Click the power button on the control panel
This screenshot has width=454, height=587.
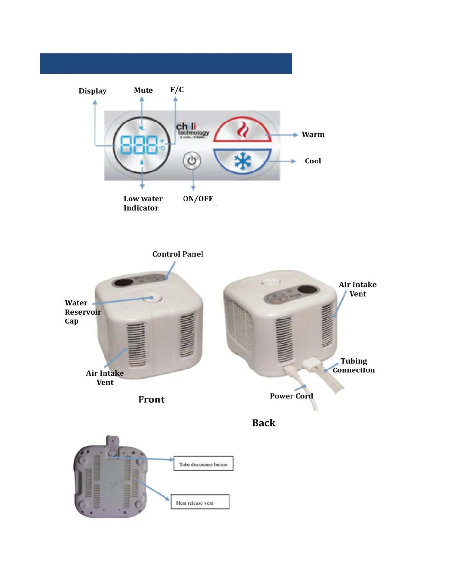(192, 161)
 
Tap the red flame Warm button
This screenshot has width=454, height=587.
(243, 130)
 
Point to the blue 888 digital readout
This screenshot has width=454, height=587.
(139, 145)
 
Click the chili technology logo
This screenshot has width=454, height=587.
(192, 130)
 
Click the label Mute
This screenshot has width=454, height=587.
(143, 90)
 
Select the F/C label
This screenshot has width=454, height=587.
(177, 90)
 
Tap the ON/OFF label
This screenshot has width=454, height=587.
(198, 199)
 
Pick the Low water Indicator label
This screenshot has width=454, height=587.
(143, 203)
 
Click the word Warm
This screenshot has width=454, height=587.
(313, 135)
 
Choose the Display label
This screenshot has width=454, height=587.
(92, 91)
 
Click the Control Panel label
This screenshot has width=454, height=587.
(178, 254)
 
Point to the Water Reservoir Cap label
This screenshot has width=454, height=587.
(82, 312)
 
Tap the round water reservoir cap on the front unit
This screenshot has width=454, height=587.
(151, 298)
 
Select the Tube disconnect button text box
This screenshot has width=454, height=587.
(203, 464)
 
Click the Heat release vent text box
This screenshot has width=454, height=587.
(200, 502)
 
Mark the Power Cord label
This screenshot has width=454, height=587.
(291, 396)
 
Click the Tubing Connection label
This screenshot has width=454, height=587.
(354, 365)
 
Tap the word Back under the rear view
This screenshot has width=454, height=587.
(263, 423)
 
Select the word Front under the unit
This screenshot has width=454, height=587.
(151, 399)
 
